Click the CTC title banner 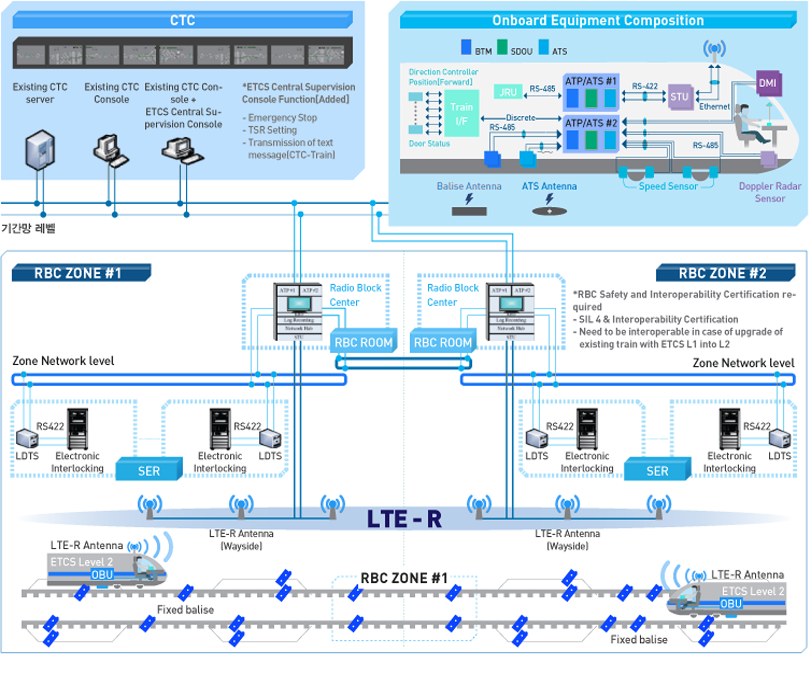[x=182, y=21]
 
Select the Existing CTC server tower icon [x=40, y=150]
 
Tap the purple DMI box [x=768, y=83]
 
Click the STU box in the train [x=680, y=97]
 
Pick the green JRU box [x=508, y=92]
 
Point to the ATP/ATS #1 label [x=590, y=81]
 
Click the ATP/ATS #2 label [x=591, y=123]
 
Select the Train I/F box [x=461, y=114]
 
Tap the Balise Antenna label [x=469, y=186]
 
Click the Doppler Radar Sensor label [x=770, y=192]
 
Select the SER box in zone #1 [x=149, y=471]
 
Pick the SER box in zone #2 [x=657, y=471]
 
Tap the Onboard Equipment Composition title [x=597, y=21]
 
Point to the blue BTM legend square [x=466, y=47]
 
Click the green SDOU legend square [x=502, y=47]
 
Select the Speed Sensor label [x=668, y=186]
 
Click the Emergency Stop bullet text [x=282, y=118]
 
